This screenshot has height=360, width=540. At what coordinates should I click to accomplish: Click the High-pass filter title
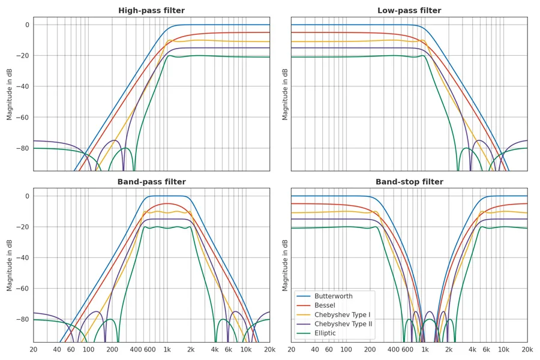[151, 11]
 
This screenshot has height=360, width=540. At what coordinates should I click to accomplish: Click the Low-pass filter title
[409, 11]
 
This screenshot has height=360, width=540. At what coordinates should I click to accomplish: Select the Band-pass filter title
[151, 182]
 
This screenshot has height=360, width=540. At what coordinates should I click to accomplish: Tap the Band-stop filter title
[409, 182]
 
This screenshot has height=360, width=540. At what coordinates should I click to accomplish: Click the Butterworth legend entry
[333, 296]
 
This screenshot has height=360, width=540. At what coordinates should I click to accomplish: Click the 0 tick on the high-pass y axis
[26, 25]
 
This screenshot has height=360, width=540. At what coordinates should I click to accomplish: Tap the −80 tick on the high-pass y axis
[23, 148]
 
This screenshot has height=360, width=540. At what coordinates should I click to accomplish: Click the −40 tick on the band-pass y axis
[23, 258]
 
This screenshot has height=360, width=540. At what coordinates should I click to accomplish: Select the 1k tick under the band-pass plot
[167, 350]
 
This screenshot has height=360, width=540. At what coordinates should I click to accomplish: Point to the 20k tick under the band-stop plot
[527, 350]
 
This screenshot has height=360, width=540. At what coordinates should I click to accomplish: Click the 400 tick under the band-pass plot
[136, 350]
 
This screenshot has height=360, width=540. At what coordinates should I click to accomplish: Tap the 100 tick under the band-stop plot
[346, 350]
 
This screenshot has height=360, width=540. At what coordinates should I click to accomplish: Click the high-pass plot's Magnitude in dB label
[10, 94]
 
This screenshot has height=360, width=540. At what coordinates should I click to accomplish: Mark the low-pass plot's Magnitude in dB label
[285, 94]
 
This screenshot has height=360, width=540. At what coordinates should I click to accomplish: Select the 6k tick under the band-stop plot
[486, 350]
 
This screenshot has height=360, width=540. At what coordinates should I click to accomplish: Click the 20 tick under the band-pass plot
[34, 350]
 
